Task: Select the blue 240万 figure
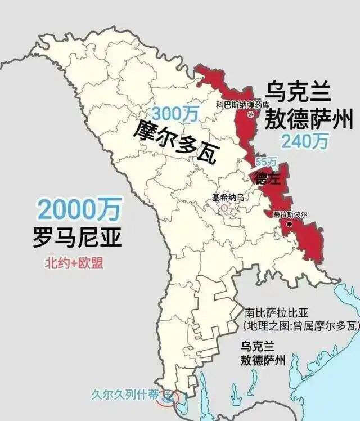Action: click(304, 141)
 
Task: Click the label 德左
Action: click(268, 178)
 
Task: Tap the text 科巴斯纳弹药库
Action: click(243, 105)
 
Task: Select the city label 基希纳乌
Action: click(228, 198)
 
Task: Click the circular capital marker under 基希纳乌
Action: click(224, 208)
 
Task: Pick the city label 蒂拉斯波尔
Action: click(291, 214)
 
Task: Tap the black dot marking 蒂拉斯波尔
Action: click(289, 224)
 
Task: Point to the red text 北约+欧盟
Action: click(74, 262)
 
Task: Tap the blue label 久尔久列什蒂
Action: click(125, 395)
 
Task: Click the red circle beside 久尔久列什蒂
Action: click(168, 398)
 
